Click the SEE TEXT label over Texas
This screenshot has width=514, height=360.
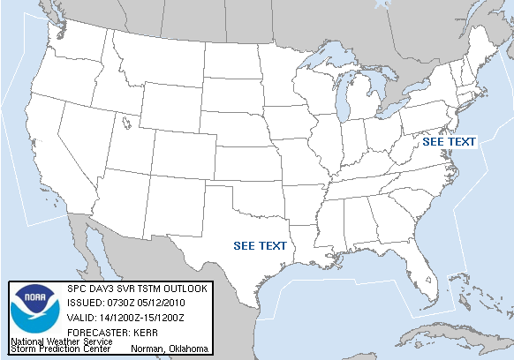click(x=260, y=245)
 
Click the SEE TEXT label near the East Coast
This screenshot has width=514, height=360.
click(x=449, y=141)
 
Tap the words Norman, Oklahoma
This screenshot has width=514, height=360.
click(x=170, y=349)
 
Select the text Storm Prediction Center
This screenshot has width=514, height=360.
click(x=61, y=349)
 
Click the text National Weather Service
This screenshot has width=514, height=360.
click(x=61, y=341)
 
